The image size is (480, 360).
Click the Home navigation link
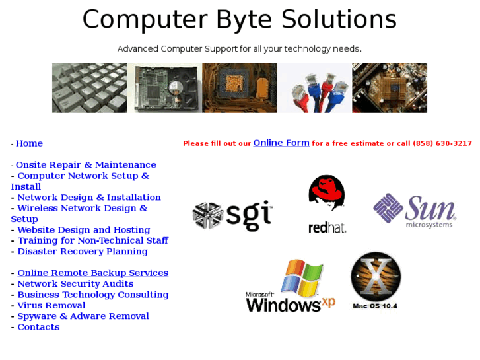pyautogui.click(x=29, y=143)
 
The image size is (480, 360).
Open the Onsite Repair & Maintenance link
pyautogui.click(x=86, y=165)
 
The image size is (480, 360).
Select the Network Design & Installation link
pyautogui.click(x=89, y=198)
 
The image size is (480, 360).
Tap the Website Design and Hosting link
pyautogui.click(x=84, y=230)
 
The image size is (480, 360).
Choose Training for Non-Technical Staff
pyautogui.click(x=92, y=240)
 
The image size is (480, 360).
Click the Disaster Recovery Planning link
pyautogui.click(x=83, y=252)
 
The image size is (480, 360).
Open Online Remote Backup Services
pyautogui.click(x=92, y=273)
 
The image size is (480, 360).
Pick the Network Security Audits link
pyautogui.click(x=75, y=284)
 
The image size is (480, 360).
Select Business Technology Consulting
pyautogui.click(x=93, y=295)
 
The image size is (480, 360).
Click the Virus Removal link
pyautogui.click(x=51, y=306)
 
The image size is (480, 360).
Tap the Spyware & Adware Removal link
pyautogui.click(x=83, y=316)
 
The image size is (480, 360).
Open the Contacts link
pyautogui.click(x=38, y=327)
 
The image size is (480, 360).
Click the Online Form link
pyautogui.click(x=281, y=143)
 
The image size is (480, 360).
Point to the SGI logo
pyautogui.click(x=232, y=215)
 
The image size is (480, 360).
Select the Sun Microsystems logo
pyautogui.click(x=415, y=211)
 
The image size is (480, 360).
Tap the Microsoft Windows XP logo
pyautogui.click(x=291, y=287)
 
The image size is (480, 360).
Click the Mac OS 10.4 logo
pyautogui.click(x=376, y=281)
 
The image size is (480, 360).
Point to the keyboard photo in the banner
pyautogui.click(x=90, y=88)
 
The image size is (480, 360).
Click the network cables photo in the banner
pyautogui.click(x=314, y=88)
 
